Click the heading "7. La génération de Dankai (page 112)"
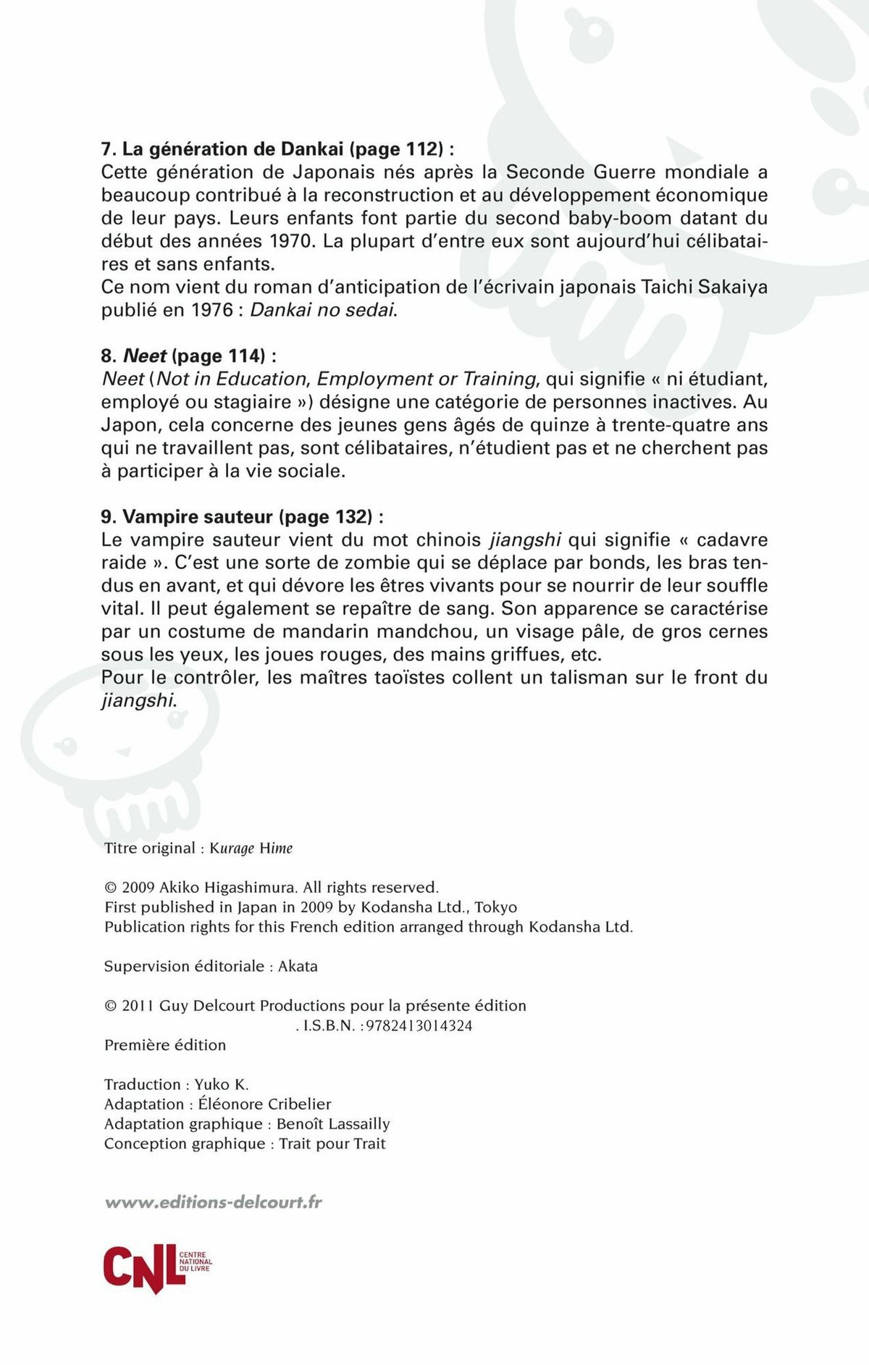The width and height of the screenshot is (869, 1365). (277, 149)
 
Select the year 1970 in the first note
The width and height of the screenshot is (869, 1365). (292, 241)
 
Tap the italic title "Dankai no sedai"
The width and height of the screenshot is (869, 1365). (324, 310)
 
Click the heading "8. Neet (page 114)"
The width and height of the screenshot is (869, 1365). (188, 356)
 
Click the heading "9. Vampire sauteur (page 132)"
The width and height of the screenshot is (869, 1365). (242, 516)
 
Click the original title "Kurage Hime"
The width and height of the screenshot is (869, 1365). (251, 848)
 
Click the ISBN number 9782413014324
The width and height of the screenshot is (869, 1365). (419, 1025)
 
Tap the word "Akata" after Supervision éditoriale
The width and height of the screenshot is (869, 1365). (298, 966)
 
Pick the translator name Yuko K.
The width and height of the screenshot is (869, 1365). (221, 1084)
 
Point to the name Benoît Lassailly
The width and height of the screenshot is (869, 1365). (333, 1124)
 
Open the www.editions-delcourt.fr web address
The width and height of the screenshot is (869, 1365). (213, 1203)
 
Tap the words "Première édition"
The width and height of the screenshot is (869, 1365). (165, 1045)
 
